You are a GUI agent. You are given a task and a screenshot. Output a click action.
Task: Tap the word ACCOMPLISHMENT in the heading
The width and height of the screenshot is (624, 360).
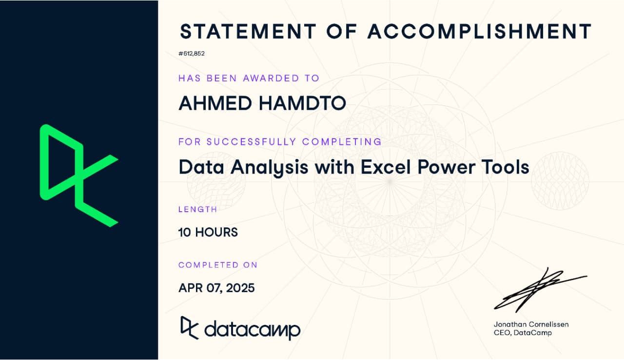click(479, 31)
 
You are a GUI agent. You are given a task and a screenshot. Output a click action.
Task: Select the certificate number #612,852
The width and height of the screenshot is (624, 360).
click(192, 54)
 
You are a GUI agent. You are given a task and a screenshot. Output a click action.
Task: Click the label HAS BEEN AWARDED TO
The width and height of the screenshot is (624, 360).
click(249, 78)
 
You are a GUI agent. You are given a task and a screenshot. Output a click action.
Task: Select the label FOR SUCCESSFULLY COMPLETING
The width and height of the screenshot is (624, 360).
click(280, 142)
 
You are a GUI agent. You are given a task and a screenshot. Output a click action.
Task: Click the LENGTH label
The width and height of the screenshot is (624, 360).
click(197, 209)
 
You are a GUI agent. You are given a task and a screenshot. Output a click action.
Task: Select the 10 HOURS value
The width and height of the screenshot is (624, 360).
click(208, 232)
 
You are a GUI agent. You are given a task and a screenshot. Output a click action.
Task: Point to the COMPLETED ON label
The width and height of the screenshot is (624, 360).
click(217, 265)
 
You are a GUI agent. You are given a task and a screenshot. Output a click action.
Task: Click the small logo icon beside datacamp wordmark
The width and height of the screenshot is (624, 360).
click(190, 327)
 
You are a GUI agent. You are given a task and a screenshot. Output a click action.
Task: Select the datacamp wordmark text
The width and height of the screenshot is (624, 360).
click(252, 329)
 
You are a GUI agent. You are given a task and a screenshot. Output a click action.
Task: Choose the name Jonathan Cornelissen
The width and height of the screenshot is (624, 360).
click(531, 324)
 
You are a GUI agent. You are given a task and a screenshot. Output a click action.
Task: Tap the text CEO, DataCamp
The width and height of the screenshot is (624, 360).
click(523, 333)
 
